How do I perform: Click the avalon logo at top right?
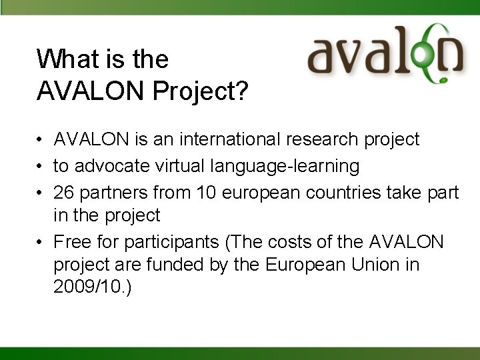pyautogui.click(x=385, y=53)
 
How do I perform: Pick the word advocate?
pyautogui.click(x=110, y=165)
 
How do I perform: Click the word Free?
pyautogui.click(x=71, y=241)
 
